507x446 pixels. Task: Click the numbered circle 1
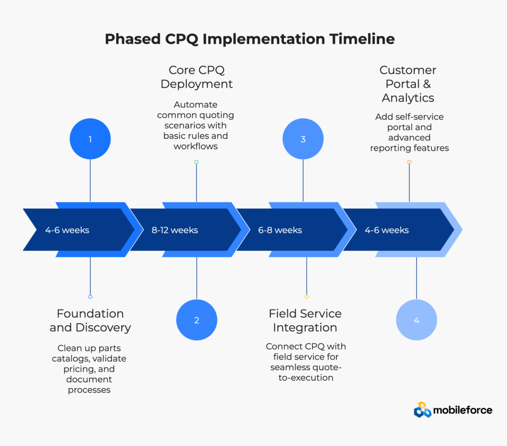click(x=90, y=139)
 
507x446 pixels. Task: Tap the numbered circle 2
click(x=197, y=320)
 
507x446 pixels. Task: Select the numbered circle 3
click(x=303, y=139)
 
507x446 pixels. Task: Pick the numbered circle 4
click(x=416, y=320)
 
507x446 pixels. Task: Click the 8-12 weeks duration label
click(x=175, y=230)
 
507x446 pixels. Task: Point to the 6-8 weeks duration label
click(x=280, y=230)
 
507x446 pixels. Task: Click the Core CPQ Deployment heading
click(x=197, y=77)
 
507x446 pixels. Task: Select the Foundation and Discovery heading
click(x=90, y=320)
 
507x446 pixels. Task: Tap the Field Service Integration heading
click(x=305, y=320)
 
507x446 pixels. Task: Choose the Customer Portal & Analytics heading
click(x=408, y=84)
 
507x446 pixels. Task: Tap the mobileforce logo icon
click(x=422, y=409)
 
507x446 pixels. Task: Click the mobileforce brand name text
click(x=462, y=410)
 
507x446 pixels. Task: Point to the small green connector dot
click(x=197, y=162)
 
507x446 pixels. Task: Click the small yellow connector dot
click(x=306, y=297)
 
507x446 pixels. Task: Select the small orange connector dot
click(x=409, y=162)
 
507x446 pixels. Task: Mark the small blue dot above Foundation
click(x=90, y=297)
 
